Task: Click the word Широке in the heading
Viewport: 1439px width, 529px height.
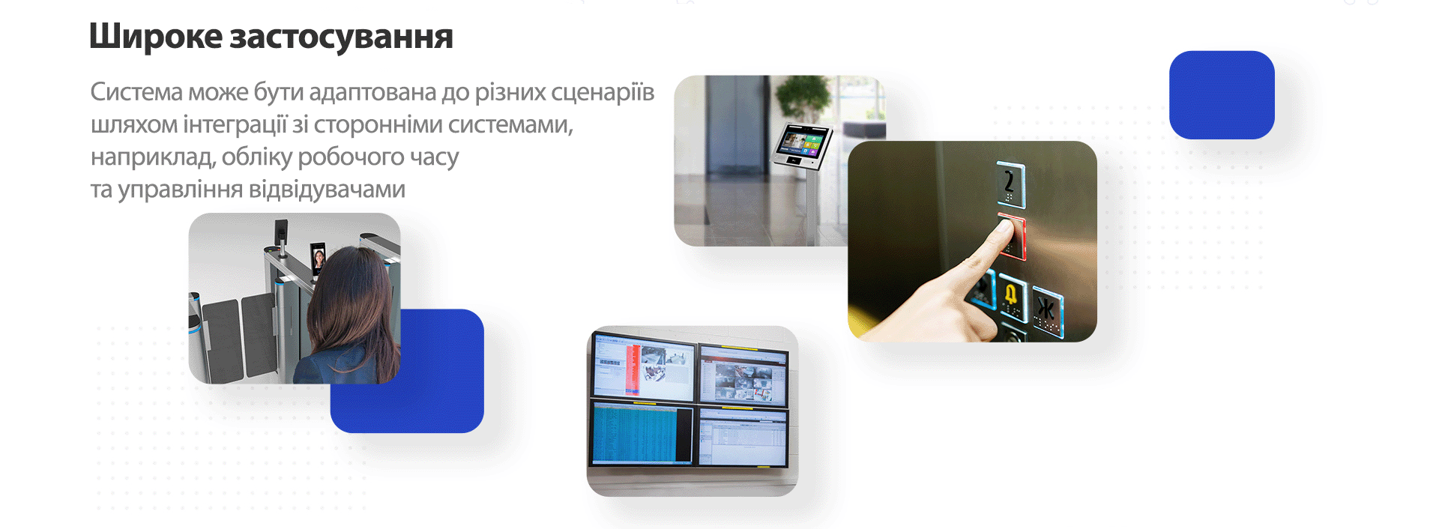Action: point(156,36)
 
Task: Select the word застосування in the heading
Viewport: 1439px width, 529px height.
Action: point(342,37)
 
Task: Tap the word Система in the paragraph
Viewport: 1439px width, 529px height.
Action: point(137,91)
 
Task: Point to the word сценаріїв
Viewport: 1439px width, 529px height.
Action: point(603,92)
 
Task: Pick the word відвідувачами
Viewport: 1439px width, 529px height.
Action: point(327,189)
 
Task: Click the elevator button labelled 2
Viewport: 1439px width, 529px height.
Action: point(1010,184)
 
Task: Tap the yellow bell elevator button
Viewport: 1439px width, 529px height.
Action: point(1013,298)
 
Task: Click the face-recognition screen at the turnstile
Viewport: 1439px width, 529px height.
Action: point(319,259)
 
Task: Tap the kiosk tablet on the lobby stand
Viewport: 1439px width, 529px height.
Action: point(803,145)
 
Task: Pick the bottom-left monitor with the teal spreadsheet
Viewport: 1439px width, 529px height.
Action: point(643,434)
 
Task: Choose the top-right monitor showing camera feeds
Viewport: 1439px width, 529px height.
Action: point(743,375)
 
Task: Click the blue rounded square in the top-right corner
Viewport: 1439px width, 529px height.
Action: point(1222,95)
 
